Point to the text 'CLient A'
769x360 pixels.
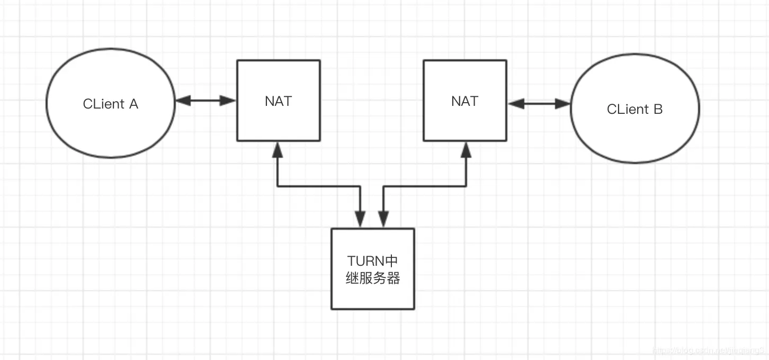(111, 104)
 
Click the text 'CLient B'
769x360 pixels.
(634, 110)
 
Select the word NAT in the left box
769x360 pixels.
(278, 101)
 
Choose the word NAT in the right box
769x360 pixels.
(464, 101)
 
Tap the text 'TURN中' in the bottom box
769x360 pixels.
(372, 261)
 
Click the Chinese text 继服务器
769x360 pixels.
(372, 278)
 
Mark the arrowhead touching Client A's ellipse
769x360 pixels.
(182, 101)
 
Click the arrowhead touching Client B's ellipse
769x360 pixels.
(563, 104)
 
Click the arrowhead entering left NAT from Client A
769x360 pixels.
(228, 101)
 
